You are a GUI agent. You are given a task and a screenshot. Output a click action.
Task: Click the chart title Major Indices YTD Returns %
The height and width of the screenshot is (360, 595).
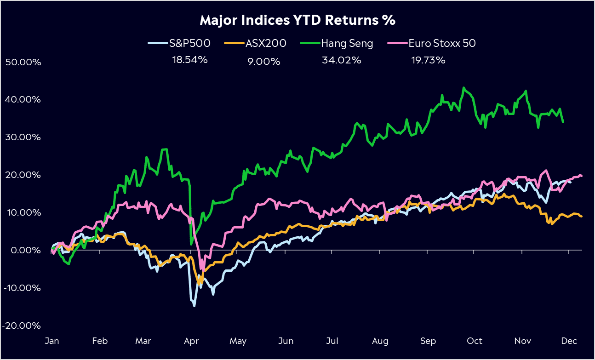pyautogui.click(x=297, y=21)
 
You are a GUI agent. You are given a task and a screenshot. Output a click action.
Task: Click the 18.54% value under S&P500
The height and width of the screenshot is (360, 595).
pyautogui.click(x=190, y=60)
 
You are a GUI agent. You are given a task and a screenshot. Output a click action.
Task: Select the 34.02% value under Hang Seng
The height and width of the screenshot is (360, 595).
pyautogui.click(x=341, y=60)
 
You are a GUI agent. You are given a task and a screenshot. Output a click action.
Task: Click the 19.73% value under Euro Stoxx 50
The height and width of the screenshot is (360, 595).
pyautogui.click(x=428, y=60)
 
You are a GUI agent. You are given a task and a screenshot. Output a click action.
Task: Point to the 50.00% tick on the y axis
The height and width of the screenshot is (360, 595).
pyautogui.click(x=23, y=62)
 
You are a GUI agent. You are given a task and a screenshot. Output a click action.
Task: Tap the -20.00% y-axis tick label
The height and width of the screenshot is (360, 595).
pyautogui.click(x=22, y=326)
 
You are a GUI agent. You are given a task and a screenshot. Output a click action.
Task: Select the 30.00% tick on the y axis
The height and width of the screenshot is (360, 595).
pyautogui.click(x=23, y=137)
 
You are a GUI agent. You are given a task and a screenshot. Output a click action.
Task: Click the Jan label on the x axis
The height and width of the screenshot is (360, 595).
pyautogui.click(x=51, y=341)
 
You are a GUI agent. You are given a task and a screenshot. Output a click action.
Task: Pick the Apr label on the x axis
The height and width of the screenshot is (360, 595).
pyautogui.click(x=191, y=341)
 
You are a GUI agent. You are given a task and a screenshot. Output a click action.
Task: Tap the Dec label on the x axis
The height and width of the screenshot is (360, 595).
pyautogui.click(x=569, y=341)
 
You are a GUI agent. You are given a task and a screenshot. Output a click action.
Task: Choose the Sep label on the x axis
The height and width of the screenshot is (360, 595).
pyautogui.click(x=428, y=341)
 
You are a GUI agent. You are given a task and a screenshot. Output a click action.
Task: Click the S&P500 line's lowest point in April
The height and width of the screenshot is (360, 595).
pyautogui.click(x=194, y=306)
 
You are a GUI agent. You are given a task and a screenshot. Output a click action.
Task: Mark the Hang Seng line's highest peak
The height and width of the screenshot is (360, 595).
pyautogui.click(x=463, y=87)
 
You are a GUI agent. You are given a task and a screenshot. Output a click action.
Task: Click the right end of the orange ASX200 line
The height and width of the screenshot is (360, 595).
pyautogui.click(x=582, y=216)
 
